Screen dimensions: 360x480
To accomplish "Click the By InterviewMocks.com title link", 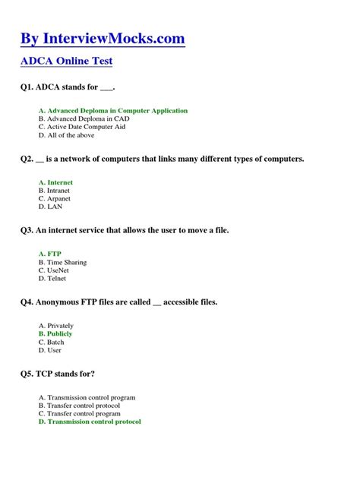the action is [x=103, y=39].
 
